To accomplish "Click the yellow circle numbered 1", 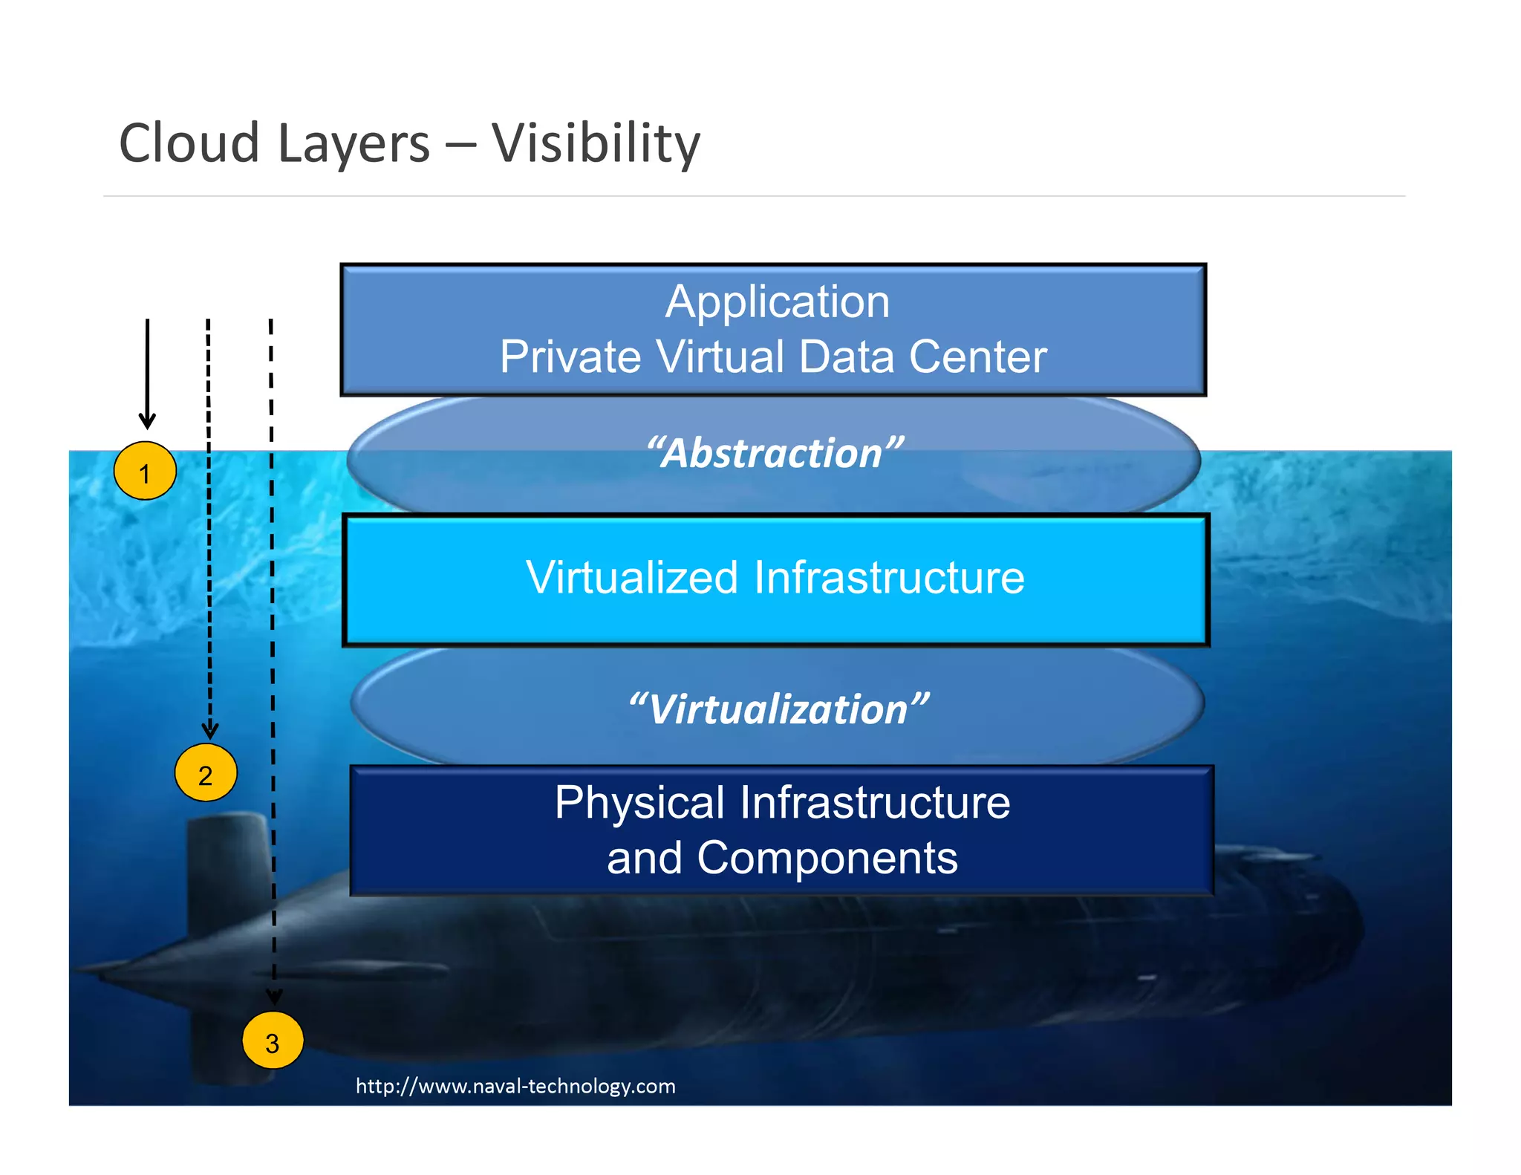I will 145,471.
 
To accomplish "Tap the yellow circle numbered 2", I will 206,773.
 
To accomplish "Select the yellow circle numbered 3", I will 273,1041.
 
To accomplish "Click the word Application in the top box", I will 777,302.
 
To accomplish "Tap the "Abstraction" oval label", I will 775,453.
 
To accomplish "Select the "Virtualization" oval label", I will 778,709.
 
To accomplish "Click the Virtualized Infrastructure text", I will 775,577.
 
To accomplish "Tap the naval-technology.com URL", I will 515,1086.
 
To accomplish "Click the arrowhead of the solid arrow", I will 148,421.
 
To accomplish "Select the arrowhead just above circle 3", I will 274,997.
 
